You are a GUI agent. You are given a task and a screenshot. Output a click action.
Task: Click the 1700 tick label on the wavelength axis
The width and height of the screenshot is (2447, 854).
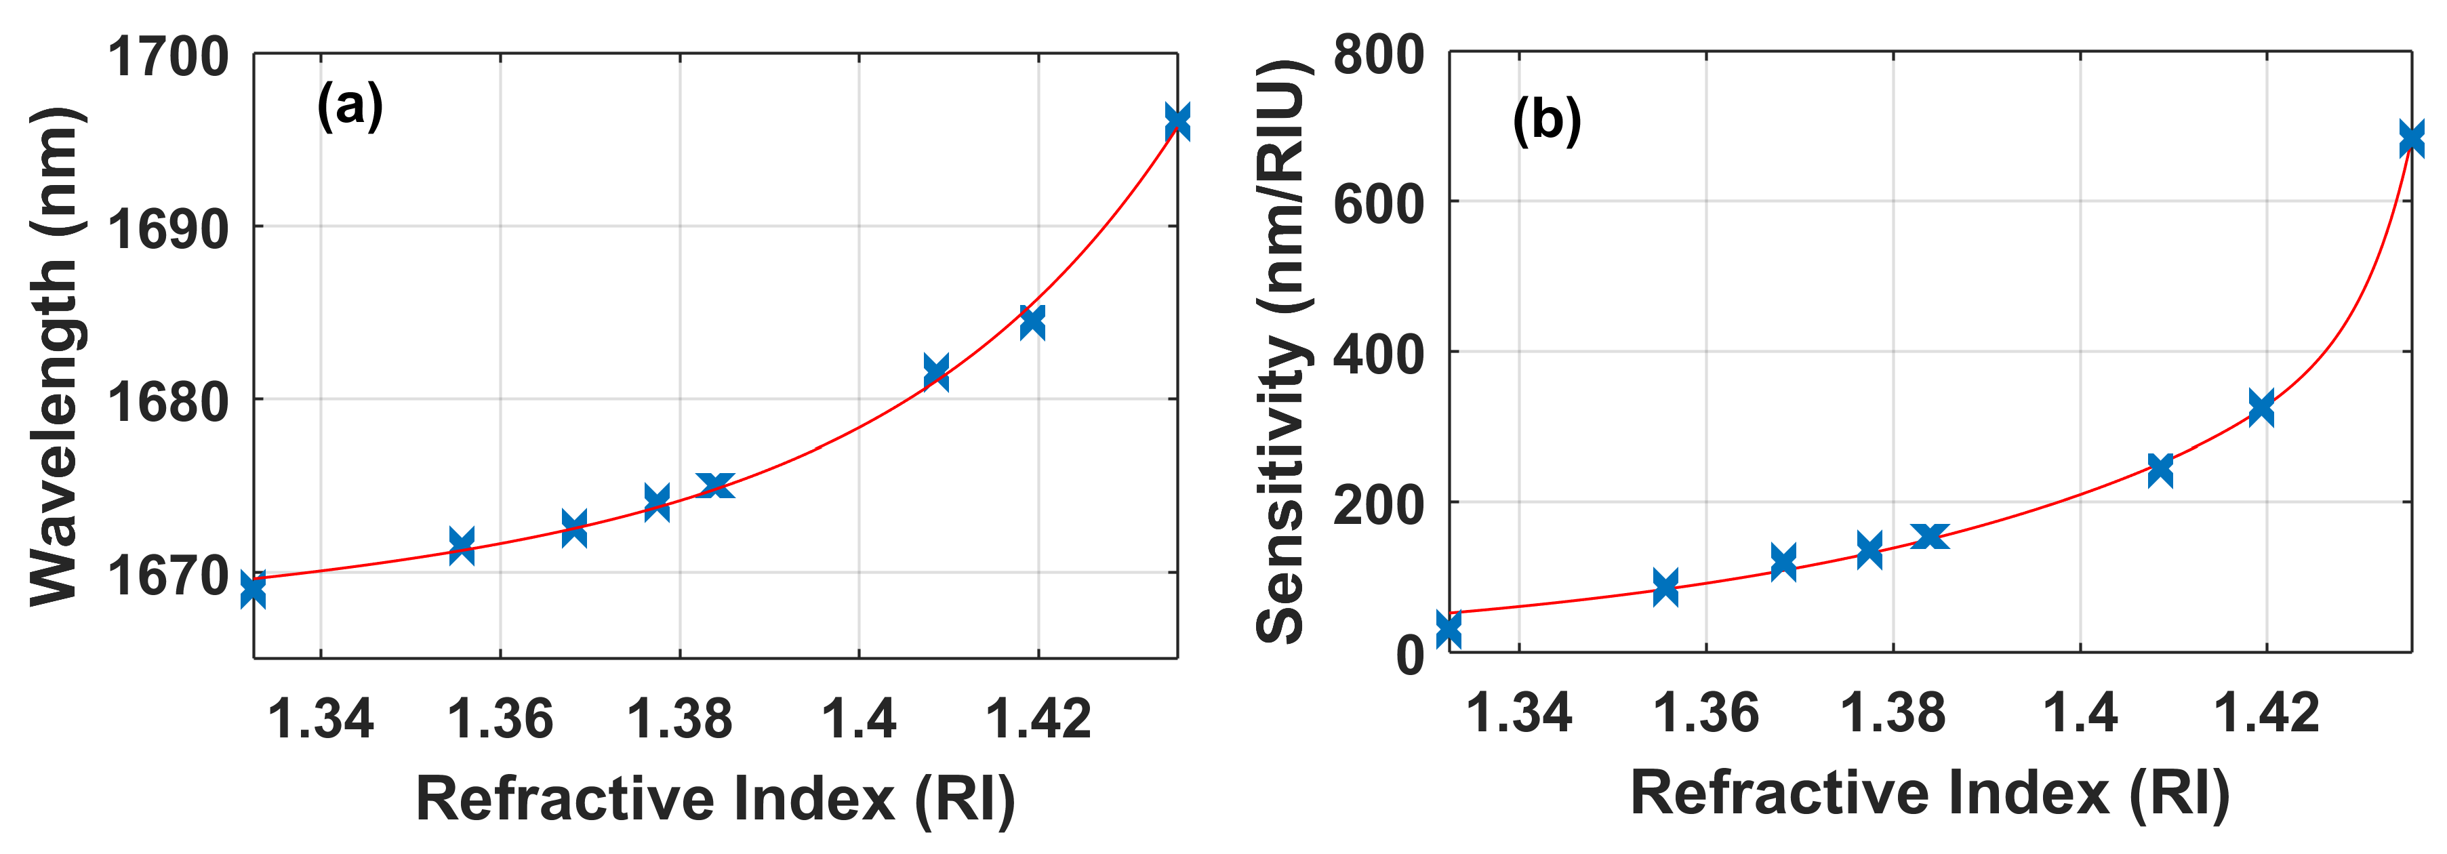(x=167, y=57)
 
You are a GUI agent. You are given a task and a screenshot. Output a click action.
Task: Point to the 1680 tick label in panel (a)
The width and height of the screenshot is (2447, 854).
(x=167, y=402)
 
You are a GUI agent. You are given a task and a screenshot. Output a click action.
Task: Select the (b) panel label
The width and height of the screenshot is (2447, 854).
(x=1546, y=121)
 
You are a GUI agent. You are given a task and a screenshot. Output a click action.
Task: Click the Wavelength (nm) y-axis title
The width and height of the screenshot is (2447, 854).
(x=54, y=357)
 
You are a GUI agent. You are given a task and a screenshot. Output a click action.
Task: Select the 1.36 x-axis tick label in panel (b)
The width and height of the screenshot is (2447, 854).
(x=1706, y=712)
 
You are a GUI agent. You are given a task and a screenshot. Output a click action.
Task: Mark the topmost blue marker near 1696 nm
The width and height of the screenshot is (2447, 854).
(x=1177, y=121)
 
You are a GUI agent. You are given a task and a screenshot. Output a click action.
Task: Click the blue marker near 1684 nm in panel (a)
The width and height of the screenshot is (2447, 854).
(x=1032, y=322)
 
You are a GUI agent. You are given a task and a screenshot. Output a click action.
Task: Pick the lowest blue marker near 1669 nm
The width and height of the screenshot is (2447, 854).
(x=254, y=590)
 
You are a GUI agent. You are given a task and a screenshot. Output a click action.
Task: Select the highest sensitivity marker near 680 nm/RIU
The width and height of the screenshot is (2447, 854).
(x=2410, y=140)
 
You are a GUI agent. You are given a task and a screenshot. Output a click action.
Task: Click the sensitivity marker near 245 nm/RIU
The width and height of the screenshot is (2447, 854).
(x=2160, y=468)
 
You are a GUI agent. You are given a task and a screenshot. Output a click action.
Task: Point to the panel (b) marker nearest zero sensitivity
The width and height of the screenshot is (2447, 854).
(x=1449, y=629)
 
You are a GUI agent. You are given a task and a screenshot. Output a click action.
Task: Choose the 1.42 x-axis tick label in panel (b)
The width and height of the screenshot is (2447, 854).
(x=2267, y=712)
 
